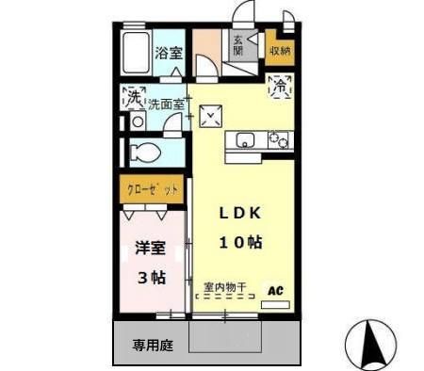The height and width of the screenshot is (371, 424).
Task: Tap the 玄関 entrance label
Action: (x=237, y=45)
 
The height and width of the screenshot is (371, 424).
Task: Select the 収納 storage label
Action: (x=280, y=50)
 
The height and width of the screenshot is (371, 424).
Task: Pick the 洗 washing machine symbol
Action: (x=134, y=97)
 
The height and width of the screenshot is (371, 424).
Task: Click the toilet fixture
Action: (x=146, y=151)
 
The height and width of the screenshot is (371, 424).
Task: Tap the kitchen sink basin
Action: (x=243, y=141)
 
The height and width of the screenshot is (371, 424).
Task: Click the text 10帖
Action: (x=240, y=242)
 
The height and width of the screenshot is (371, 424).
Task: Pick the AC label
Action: (x=278, y=291)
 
